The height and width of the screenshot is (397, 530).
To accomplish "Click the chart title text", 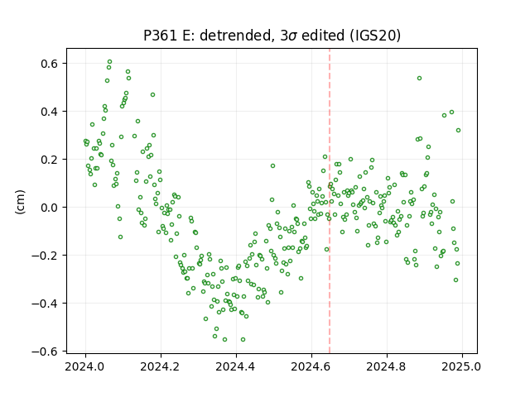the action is coord(272,36).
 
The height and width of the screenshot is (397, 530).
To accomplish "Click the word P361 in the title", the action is coord(160,36).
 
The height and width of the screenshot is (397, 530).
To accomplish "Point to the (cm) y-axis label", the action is coord(20,202).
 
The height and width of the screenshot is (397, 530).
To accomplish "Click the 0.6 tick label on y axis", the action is coord(50,64).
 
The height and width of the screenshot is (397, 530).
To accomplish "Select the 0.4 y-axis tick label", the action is coord(50,112).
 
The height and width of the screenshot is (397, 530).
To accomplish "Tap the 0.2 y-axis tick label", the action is coord(50,160).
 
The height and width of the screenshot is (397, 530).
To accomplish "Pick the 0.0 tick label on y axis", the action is coord(50,208).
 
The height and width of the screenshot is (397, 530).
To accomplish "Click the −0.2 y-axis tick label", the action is coord(46,256).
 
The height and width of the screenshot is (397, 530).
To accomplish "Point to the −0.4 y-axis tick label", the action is coord(46,304).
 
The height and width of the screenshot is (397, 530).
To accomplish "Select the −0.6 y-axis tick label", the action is coord(46,351).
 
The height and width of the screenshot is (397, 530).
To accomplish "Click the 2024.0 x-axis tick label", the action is coord(85,366).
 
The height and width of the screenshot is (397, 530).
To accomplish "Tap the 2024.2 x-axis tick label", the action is coord(161,366).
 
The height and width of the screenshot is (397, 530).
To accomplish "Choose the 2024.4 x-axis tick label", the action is coord(236,366).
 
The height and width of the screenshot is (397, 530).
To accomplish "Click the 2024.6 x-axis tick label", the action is coord(311,366).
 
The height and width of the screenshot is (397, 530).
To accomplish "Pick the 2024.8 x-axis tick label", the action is coord(387,366).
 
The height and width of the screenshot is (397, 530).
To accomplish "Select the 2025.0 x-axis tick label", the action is coord(462,366).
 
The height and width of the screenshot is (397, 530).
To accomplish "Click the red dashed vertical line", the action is coord(330,201).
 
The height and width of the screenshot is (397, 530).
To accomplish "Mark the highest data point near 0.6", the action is coord(109,62).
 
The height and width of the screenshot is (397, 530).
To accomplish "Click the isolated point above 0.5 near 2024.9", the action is coord(419,79).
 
